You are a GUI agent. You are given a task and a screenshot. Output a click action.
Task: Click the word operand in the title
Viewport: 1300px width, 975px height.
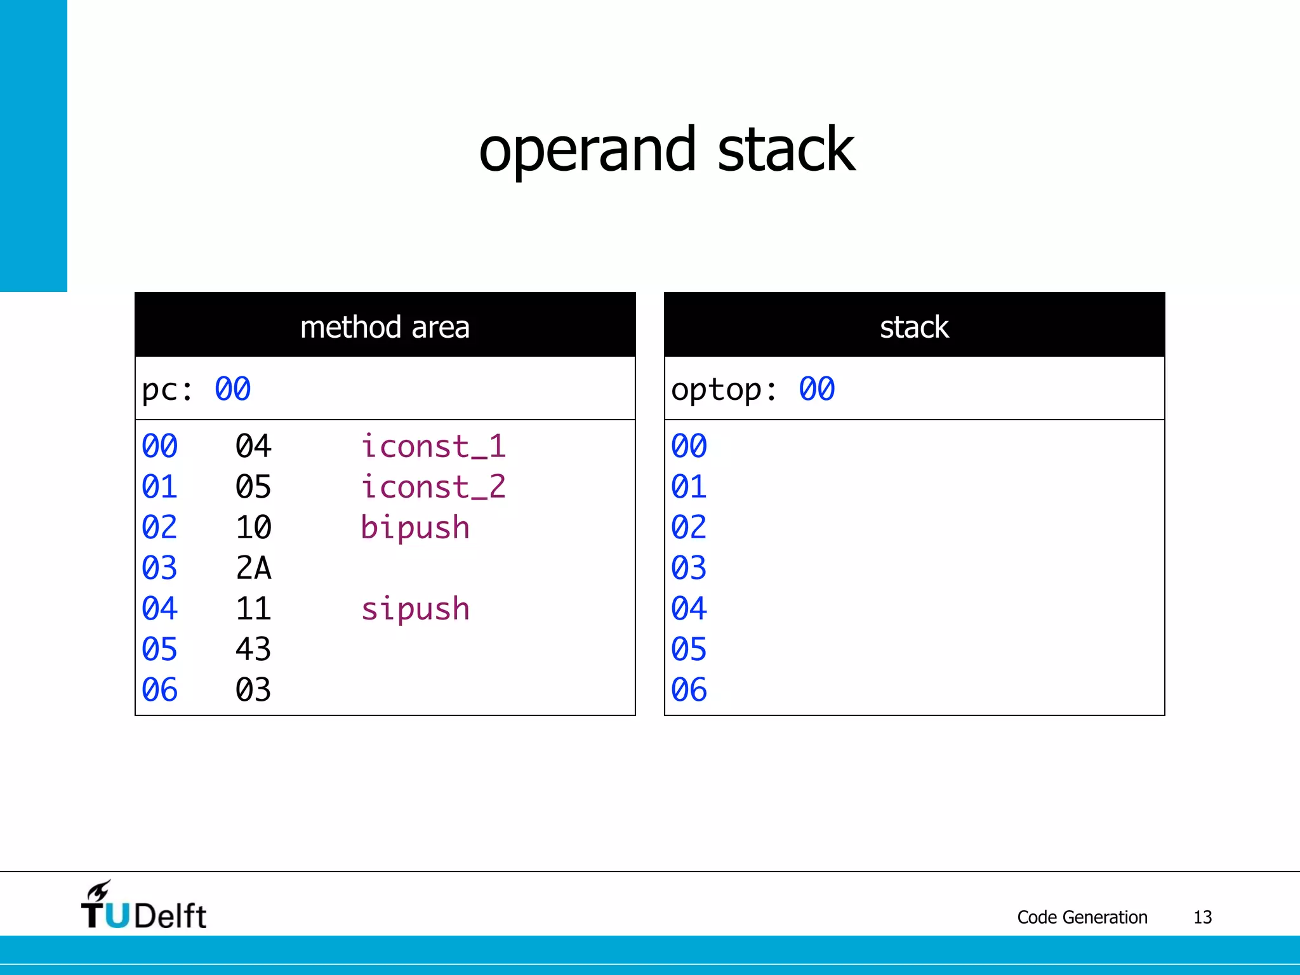click(587, 151)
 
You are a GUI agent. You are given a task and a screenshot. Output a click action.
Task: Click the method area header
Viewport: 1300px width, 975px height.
click(385, 327)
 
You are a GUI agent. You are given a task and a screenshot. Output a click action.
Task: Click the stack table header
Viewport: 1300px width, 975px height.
click(914, 327)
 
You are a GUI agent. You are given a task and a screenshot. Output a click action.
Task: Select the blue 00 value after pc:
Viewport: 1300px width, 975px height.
click(233, 389)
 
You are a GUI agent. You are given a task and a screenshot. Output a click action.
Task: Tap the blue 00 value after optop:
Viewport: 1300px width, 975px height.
click(817, 389)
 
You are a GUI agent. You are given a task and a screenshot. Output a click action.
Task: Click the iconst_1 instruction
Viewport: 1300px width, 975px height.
click(434, 446)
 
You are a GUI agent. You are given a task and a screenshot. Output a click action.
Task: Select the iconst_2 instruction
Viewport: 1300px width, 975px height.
click(434, 487)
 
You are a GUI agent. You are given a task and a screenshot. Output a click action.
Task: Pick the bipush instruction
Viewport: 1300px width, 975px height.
click(415, 528)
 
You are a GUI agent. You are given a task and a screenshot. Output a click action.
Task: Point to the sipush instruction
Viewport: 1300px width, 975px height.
click(415, 609)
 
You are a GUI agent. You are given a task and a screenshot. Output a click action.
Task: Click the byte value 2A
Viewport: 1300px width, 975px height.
click(253, 568)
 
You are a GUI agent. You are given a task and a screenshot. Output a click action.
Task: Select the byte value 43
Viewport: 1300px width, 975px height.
click(253, 649)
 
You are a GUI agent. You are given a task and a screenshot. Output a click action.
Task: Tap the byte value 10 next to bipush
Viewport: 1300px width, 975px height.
click(253, 527)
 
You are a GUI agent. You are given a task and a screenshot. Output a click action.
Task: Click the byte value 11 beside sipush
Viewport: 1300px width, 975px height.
click(253, 609)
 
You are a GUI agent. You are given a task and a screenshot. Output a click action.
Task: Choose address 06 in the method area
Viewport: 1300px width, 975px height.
click(159, 690)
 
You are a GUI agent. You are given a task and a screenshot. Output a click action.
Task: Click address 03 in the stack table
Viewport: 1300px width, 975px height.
click(689, 568)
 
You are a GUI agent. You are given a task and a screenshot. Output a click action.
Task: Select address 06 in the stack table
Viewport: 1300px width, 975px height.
click(689, 690)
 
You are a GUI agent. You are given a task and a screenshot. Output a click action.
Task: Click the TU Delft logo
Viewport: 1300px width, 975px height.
click(144, 906)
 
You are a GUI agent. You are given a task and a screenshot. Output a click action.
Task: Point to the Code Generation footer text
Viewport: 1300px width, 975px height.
click(1082, 917)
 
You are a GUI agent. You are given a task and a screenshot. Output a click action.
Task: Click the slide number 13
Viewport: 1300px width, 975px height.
click(1202, 917)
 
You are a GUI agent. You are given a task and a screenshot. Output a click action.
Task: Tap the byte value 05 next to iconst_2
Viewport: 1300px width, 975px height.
click(253, 487)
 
